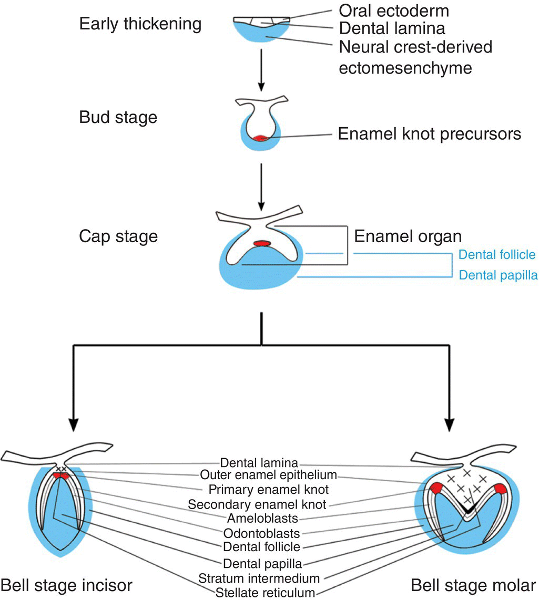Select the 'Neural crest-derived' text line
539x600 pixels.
click(x=415, y=47)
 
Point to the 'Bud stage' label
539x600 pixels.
click(x=118, y=117)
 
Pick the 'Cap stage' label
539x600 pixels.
click(x=118, y=236)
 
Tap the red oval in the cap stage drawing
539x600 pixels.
click(x=262, y=243)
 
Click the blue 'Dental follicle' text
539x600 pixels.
click(x=497, y=255)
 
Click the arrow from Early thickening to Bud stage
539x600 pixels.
click(x=261, y=71)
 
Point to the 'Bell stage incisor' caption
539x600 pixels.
click(x=66, y=585)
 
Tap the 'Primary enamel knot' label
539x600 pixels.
click(x=269, y=490)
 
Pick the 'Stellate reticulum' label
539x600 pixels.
click(x=265, y=593)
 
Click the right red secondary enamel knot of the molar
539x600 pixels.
click(x=499, y=489)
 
